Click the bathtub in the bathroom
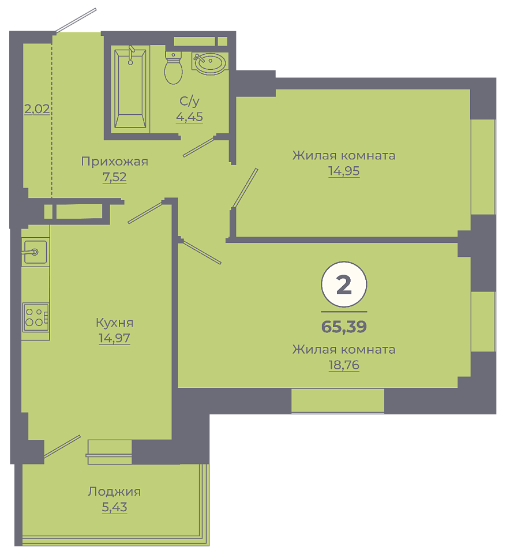[x=130, y=88]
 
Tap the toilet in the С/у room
[x=173, y=68]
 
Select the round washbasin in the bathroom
[x=209, y=63]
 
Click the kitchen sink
[x=35, y=252]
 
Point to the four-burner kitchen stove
[x=35, y=317]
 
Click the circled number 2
[x=344, y=285]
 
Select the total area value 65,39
[x=344, y=327]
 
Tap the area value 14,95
[x=344, y=171]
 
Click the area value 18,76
[x=344, y=365]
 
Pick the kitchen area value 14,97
[x=114, y=338]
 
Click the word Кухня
[x=114, y=323]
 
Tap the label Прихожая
[x=114, y=162]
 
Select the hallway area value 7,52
[x=114, y=177]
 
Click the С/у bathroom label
[x=189, y=101]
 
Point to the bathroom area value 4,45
[x=189, y=117]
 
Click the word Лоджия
[x=114, y=492]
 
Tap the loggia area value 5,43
[x=114, y=507]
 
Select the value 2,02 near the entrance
[x=37, y=109]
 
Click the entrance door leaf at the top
[x=76, y=21]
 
